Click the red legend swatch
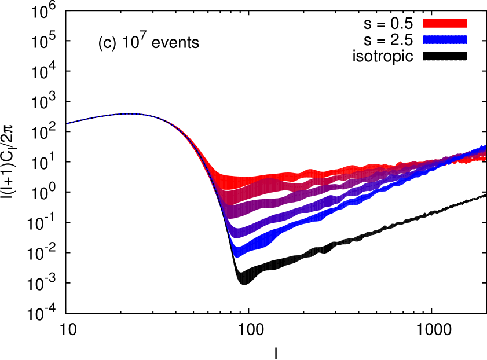pyautogui.click(x=445, y=23)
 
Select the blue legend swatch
pyautogui.click(x=445, y=39)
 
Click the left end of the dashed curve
pyautogui.click(x=67, y=123)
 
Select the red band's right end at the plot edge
pyautogui.click(x=484, y=157)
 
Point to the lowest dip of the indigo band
pyautogui.click(x=234, y=234)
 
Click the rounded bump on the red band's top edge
pyautogui.click(x=310, y=171)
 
